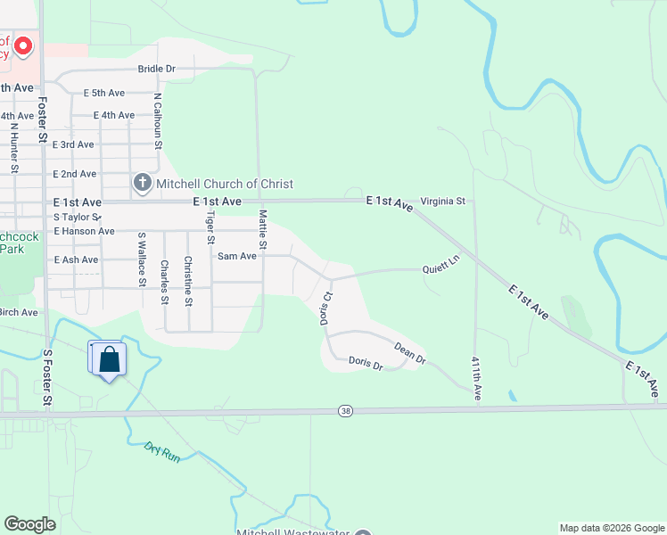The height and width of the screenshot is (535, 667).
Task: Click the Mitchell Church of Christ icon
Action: [142, 184]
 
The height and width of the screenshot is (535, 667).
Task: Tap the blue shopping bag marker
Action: [109, 359]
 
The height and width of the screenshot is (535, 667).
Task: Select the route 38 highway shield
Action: [345, 410]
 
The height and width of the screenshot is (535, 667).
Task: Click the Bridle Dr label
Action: [157, 68]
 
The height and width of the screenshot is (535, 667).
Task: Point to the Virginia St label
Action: [443, 202]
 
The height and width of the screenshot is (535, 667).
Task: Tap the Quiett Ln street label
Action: [441, 266]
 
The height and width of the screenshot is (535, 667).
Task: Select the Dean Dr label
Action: [410, 355]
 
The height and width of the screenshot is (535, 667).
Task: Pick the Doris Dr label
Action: [366, 364]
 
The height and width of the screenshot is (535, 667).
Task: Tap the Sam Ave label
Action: [237, 256]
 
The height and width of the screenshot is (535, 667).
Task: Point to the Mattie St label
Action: [262, 228]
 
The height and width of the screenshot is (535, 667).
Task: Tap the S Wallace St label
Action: [141, 259]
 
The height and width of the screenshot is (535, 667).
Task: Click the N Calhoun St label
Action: [158, 121]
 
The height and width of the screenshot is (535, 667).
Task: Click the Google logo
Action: [30, 524]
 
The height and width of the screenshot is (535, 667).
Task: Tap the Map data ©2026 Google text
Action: [612, 528]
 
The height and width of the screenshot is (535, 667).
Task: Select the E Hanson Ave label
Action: [84, 231]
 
